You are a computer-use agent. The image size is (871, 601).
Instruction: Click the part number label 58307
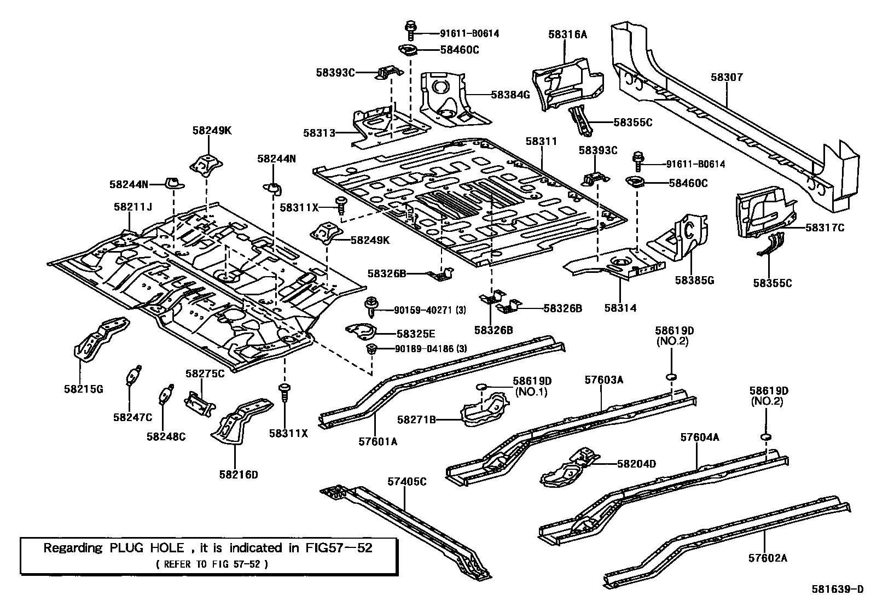point(727,78)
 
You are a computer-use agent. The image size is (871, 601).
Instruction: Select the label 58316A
point(567,34)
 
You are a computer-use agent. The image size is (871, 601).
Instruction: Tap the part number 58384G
point(510,95)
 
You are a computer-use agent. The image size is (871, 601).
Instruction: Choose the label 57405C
point(407,482)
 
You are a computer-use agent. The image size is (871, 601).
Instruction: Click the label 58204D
point(636,464)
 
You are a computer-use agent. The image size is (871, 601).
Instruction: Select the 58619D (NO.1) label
point(532,386)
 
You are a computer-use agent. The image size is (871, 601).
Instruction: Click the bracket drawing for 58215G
point(98,340)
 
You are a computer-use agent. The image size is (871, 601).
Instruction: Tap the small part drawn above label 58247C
point(133,376)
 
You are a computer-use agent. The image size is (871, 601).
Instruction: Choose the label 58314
point(620,308)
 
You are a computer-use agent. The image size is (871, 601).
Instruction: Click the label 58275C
point(205,374)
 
